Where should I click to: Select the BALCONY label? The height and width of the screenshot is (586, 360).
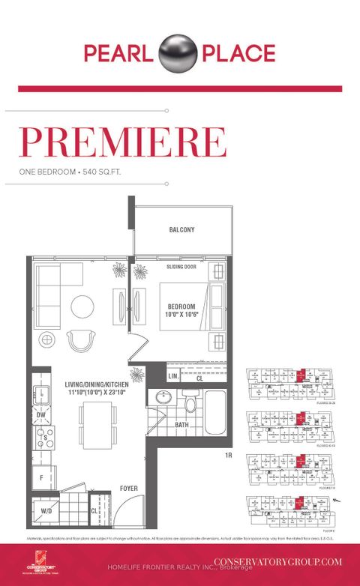(181, 230)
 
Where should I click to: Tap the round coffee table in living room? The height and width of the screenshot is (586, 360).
(82, 305)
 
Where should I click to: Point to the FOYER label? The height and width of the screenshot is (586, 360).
(128, 488)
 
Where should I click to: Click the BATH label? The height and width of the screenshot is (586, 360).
(182, 424)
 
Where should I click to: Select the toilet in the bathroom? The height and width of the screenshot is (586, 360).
(190, 404)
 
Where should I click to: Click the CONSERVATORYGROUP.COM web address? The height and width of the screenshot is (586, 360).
(277, 561)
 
